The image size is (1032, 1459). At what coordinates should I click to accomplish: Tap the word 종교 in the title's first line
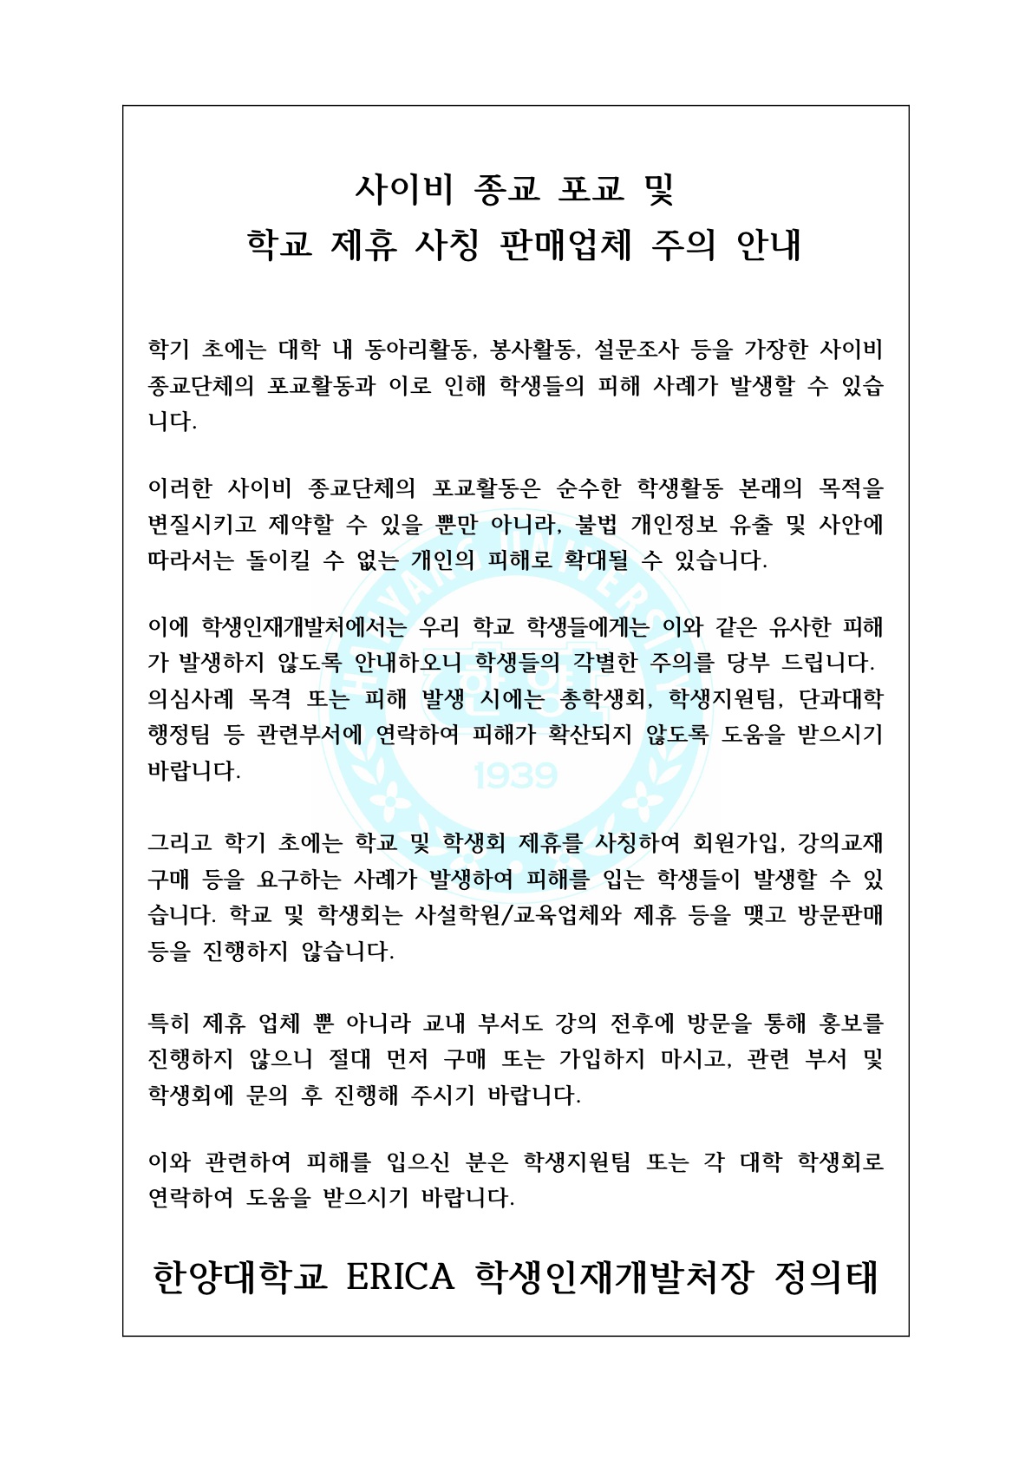(x=508, y=187)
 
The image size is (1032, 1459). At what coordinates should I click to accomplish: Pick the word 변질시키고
(x=202, y=525)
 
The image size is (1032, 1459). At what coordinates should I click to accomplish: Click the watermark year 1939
(x=516, y=775)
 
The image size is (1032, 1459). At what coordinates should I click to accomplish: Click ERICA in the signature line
(x=400, y=1277)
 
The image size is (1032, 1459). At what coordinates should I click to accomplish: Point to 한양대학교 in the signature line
(x=240, y=1277)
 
